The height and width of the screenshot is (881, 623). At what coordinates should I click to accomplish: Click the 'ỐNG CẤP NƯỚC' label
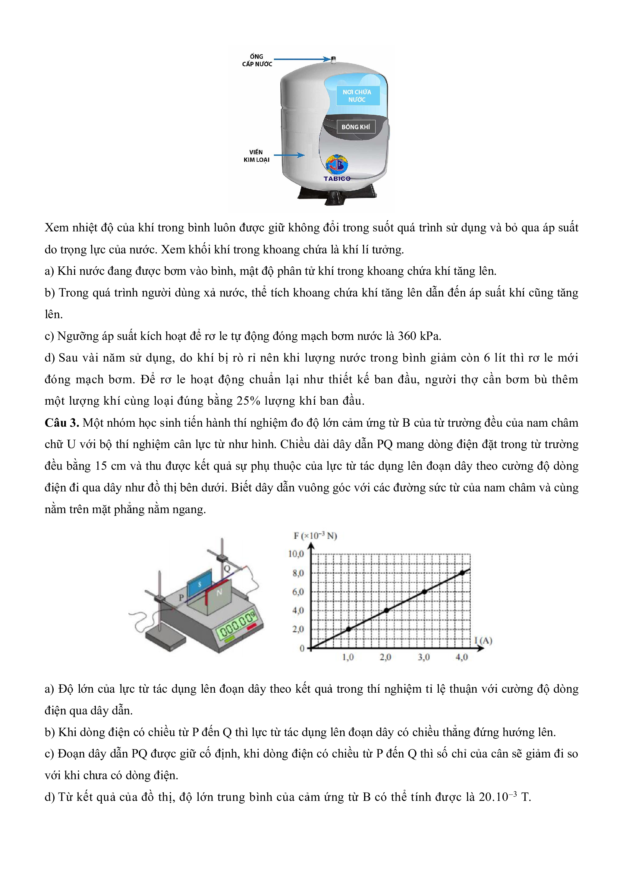pos(257,60)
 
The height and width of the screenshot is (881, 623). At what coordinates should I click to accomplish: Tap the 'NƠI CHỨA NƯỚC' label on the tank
pos(357,96)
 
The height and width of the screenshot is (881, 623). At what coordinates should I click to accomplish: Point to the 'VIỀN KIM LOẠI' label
pos(256,156)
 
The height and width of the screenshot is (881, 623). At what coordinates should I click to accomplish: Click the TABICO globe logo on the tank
pos(337,164)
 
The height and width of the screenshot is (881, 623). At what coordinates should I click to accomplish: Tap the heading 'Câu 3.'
pos(62,423)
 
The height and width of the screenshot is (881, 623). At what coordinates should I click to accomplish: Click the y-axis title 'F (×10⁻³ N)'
pos(315,536)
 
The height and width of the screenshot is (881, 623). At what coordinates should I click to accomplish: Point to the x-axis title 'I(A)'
pos(483,641)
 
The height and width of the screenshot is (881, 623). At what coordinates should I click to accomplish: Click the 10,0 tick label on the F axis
pos(296,554)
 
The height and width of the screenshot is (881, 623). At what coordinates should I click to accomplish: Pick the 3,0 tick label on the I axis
pos(424,657)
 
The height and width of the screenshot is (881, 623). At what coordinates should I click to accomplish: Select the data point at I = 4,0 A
pos(462,573)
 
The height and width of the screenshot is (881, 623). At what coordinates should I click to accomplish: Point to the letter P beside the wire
pos(181,597)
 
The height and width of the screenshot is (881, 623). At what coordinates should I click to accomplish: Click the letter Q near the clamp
pos(227,568)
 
